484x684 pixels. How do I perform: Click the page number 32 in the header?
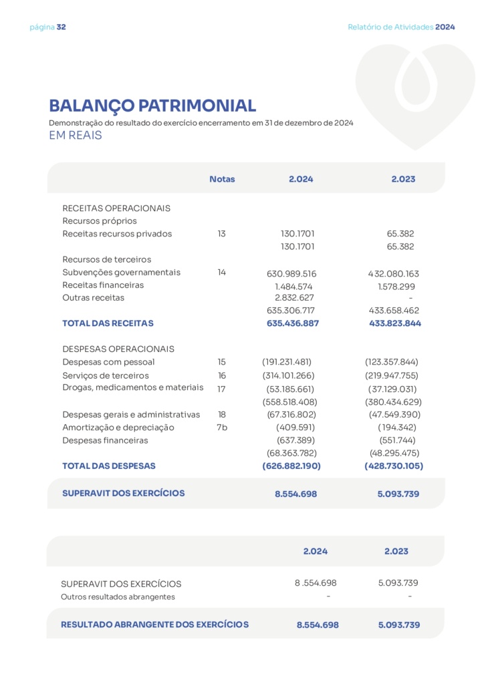click(62, 27)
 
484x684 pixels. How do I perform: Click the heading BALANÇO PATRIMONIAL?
click(152, 106)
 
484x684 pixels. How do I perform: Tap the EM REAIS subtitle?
click(75, 136)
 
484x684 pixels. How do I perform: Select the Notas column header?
click(222, 179)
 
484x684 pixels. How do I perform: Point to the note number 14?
click(222, 273)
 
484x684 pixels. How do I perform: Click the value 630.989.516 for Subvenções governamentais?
click(291, 274)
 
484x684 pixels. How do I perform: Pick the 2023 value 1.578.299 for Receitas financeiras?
click(395, 286)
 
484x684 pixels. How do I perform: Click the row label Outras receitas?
click(93, 298)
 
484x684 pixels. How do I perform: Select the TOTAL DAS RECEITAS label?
click(108, 323)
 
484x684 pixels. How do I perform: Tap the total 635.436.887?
click(293, 323)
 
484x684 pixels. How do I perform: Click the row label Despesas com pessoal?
click(108, 362)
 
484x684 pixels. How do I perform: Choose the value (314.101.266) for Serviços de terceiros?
click(288, 375)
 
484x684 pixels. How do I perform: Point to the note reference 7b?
click(222, 427)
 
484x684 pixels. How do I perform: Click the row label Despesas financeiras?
click(105, 441)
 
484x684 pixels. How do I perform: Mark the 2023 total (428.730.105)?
click(394, 466)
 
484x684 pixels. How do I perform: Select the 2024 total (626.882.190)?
click(291, 466)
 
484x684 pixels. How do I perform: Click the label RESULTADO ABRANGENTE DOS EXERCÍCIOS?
click(154, 625)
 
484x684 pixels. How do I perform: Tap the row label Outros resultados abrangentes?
click(118, 597)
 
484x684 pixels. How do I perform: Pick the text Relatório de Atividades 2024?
click(401, 27)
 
